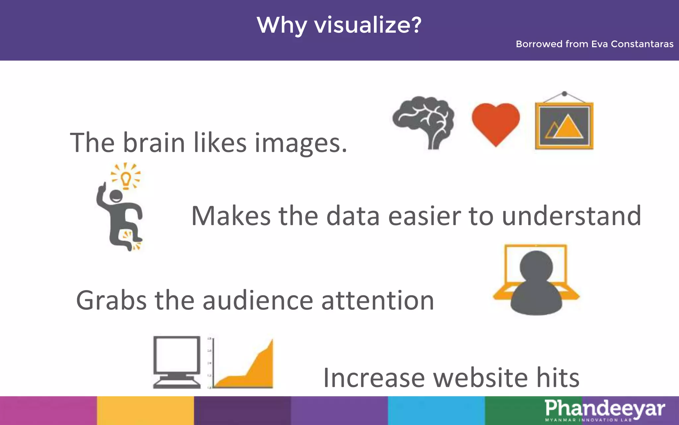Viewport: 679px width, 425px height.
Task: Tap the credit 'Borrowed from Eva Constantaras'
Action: click(594, 44)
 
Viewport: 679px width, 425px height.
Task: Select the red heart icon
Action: click(496, 122)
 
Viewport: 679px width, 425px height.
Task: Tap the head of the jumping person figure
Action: click(116, 196)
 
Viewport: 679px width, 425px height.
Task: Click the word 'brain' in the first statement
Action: click(154, 143)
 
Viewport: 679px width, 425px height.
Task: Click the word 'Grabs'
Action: click(111, 300)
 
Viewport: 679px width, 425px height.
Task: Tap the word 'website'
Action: click(480, 378)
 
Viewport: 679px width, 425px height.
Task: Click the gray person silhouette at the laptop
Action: click(536, 282)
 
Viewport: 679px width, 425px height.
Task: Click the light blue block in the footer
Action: click(436, 410)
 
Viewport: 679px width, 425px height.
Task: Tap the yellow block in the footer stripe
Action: click(145, 410)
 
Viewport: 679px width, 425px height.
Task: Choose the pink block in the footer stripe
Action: click(48, 410)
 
